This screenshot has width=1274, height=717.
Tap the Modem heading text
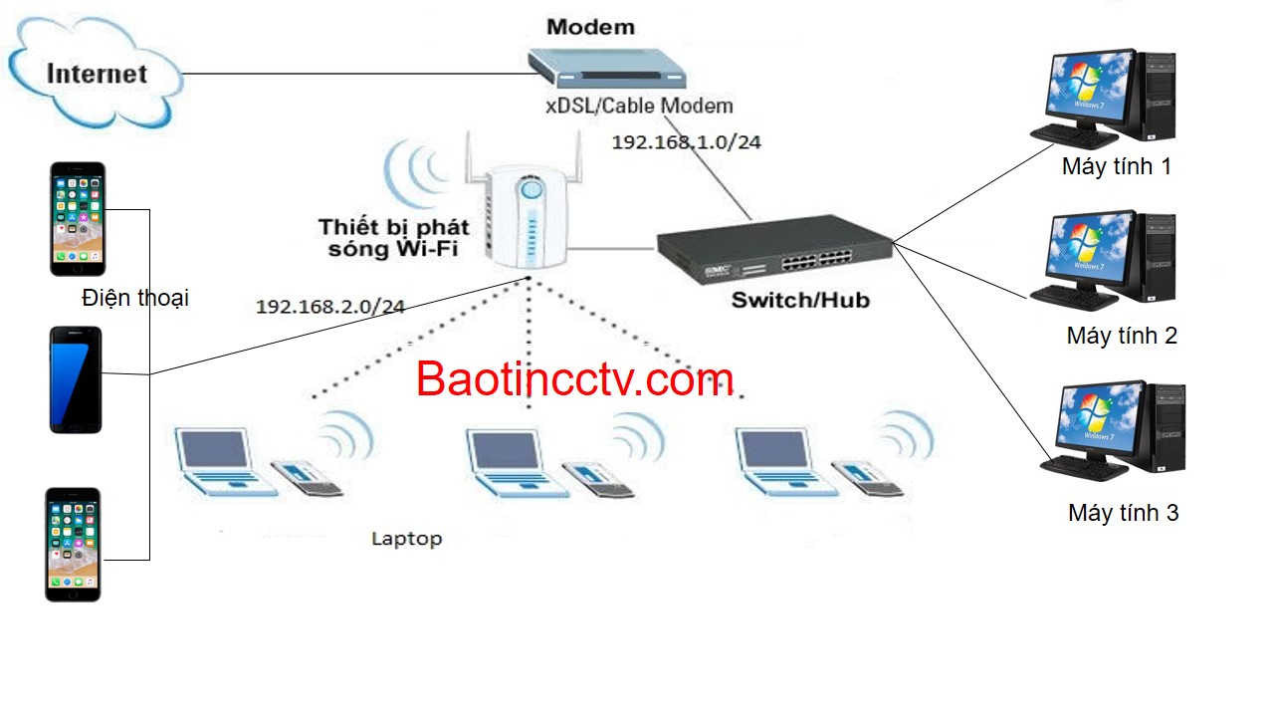(x=590, y=27)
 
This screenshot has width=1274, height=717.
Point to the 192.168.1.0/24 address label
(x=686, y=142)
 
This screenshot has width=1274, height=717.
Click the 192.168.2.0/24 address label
(x=330, y=307)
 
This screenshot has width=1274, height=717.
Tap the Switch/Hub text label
(x=800, y=299)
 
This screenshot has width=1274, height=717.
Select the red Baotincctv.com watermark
(x=574, y=379)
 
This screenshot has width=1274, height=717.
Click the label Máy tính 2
(x=1122, y=336)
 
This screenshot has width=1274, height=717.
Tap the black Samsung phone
(x=76, y=379)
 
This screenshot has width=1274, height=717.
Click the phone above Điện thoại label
(x=78, y=218)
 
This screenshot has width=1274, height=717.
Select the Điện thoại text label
(x=135, y=297)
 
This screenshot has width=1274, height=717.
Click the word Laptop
(x=406, y=539)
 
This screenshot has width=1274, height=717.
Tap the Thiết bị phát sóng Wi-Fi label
(x=392, y=238)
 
